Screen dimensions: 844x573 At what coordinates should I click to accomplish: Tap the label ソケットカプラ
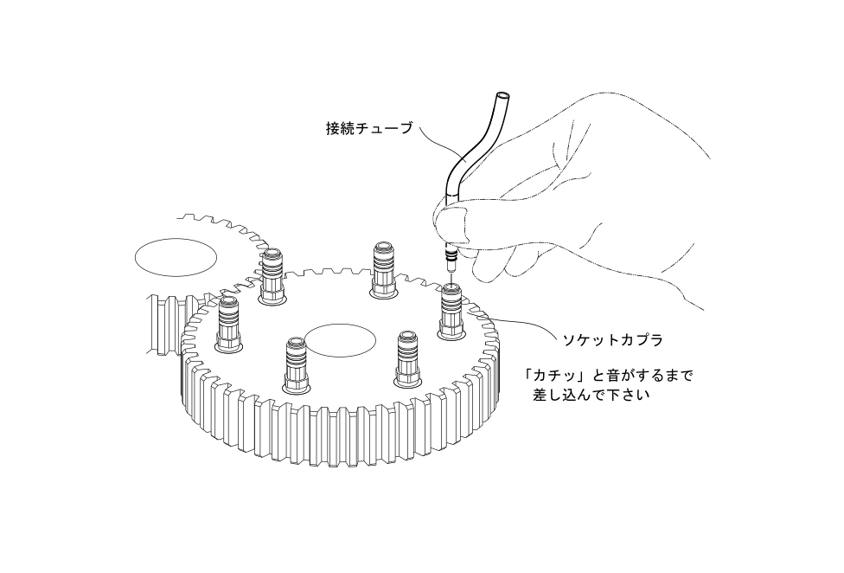[612, 340]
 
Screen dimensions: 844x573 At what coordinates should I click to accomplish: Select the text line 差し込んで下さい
[591, 395]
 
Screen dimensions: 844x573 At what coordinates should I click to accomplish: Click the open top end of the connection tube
[502, 98]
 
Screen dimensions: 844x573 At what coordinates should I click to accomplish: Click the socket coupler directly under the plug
[451, 312]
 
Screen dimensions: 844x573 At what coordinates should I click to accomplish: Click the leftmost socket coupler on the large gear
[229, 325]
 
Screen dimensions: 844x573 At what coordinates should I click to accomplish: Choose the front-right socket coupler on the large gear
[408, 358]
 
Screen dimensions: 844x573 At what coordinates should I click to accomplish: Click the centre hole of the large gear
[340, 339]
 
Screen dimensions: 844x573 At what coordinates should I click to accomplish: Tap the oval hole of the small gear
[176, 257]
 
